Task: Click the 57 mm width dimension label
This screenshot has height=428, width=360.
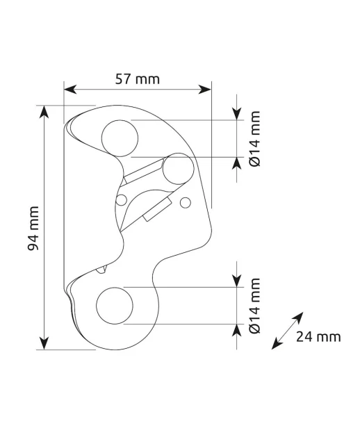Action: [138, 79]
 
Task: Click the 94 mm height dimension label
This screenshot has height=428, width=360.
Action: [33, 228]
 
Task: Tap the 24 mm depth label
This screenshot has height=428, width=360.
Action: [318, 336]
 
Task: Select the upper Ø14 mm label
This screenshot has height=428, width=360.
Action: [255, 139]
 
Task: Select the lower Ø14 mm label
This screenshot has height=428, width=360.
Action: [255, 306]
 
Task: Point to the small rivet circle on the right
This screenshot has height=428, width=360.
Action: [186, 202]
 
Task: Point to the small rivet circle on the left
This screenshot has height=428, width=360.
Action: [122, 200]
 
